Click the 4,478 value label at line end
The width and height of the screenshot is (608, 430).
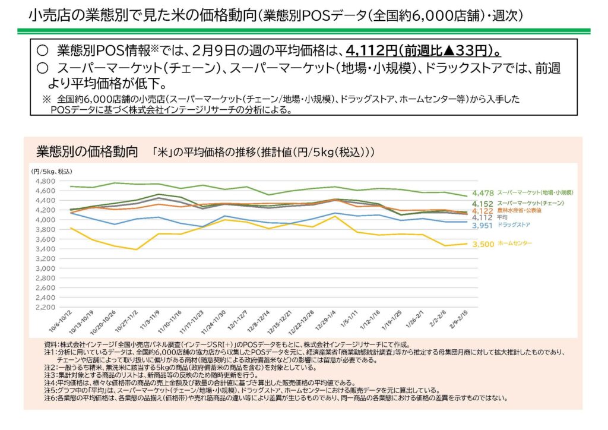[x=483, y=193]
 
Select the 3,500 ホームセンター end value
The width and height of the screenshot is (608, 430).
[x=483, y=244]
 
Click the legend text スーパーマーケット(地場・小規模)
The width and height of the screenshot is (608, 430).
[x=535, y=193]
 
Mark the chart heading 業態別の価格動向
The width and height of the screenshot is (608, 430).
[x=87, y=149]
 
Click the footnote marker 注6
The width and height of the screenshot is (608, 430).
[x=50, y=397]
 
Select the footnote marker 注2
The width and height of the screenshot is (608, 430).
[x=50, y=368]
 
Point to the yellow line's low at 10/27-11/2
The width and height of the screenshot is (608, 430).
[x=137, y=249]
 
